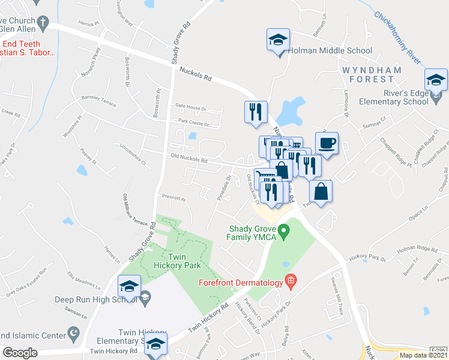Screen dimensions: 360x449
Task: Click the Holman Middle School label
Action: pos(330,51)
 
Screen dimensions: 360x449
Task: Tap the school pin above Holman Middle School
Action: pos(278,41)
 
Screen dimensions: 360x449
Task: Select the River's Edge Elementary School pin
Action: pos(436,79)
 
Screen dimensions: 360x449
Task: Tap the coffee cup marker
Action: pos(327,144)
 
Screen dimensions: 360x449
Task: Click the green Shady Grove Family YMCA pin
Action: pos(286,230)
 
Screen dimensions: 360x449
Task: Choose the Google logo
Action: pos(20,353)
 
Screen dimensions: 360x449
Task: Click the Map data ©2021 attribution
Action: pos(423,355)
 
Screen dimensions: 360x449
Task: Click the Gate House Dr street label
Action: pos(190,109)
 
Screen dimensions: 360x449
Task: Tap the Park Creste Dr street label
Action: pos(191,124)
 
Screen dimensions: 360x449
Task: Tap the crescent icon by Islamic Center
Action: pos(74,332)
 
